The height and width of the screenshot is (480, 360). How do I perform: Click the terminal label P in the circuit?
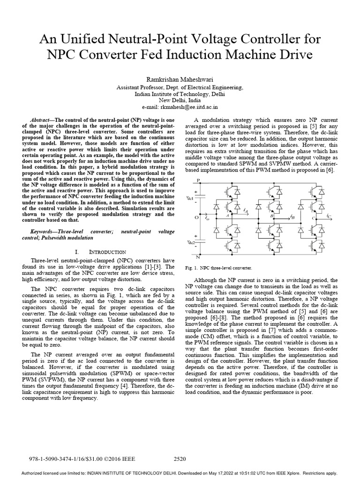(198, 180)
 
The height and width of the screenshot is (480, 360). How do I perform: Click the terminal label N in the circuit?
(199, 257)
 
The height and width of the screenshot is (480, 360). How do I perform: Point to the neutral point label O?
(197, 218)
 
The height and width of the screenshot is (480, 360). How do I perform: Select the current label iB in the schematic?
(292, 217)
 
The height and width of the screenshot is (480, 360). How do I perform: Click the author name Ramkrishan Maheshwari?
(180, 80)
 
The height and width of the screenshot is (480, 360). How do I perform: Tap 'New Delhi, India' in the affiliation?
(180, 100)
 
